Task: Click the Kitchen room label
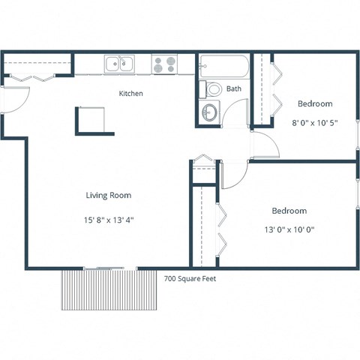(131, 94)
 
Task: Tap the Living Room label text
(108, 195)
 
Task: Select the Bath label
(234, 88)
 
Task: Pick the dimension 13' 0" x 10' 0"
(289, 231)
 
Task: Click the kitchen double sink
(119, 64)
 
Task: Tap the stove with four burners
(164, 64)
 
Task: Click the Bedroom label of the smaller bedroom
(315, 103)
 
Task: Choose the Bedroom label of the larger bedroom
(289, 211)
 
